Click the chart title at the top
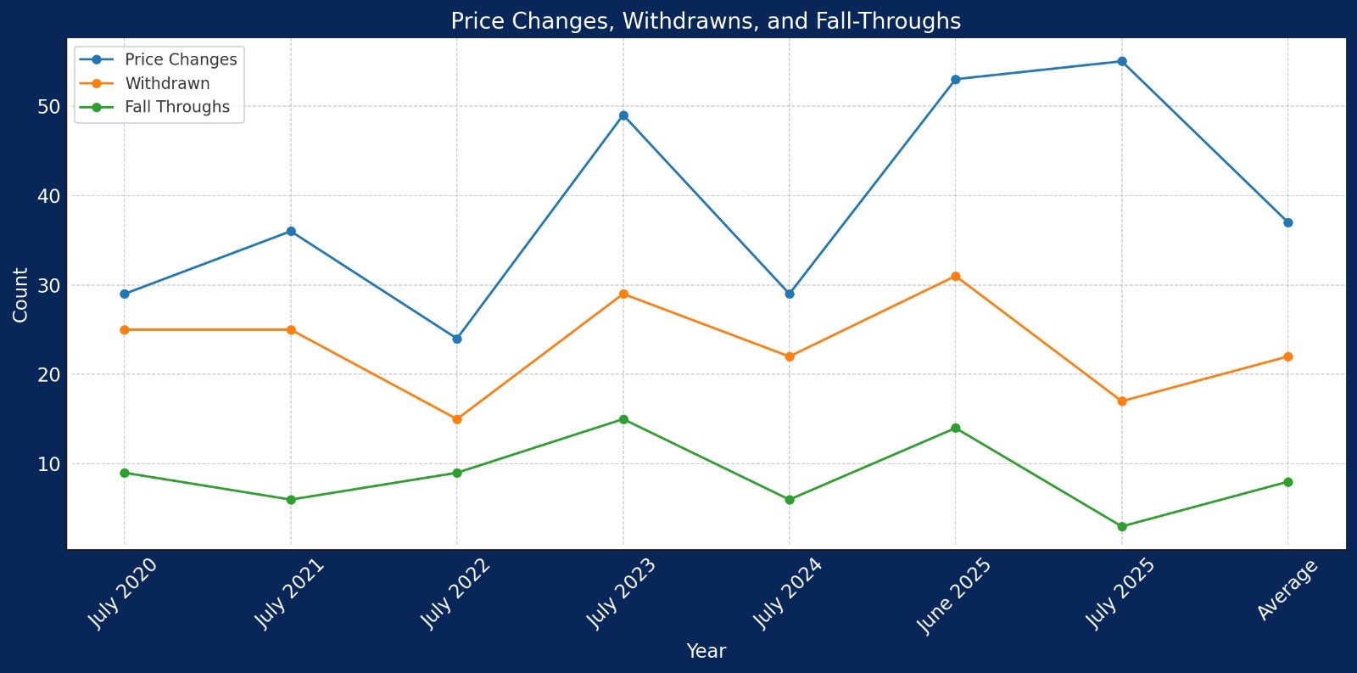pos(706,21)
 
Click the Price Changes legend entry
pos(180,60)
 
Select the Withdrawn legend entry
pos(167,84)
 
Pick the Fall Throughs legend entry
pos(176,108)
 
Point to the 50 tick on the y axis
pos(48,107)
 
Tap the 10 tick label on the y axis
pos(48,464)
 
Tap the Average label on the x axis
pos(1287,590)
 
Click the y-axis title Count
pos(21,294)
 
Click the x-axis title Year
pos(706,652)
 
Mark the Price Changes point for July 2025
pos(1122,62)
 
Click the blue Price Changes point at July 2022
pos(457,339)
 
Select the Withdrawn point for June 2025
pos(956,277)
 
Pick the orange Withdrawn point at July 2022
pos(457,419)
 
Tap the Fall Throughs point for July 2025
pos(1122,527)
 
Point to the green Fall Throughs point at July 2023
pos(623,419)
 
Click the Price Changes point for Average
pos(1288,222)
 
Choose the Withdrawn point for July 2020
pos(125,330)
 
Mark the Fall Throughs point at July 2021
pos(291,500)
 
